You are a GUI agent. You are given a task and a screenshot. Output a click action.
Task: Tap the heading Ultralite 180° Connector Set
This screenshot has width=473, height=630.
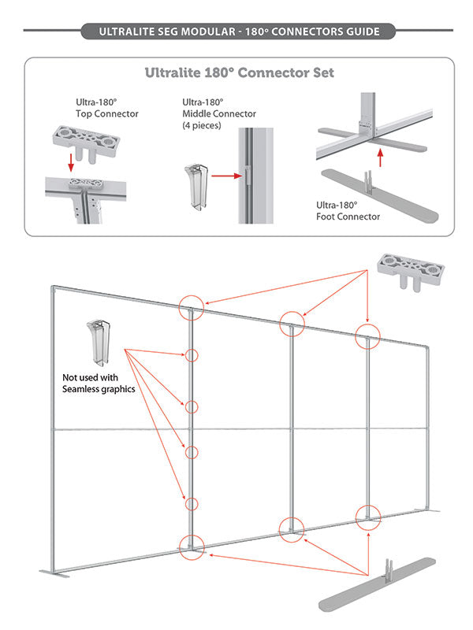239,73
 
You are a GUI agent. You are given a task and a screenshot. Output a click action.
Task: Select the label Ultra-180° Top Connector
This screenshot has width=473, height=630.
106,108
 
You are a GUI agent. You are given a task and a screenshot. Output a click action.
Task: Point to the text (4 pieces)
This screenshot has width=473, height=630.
201,125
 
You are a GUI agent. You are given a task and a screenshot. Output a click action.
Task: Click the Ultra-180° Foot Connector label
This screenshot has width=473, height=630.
348,210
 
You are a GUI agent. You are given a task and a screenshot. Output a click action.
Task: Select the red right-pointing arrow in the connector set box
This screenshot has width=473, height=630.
225,176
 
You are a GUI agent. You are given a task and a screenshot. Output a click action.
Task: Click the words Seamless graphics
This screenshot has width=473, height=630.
100,388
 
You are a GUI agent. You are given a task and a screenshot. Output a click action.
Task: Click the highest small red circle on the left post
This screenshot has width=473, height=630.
192,355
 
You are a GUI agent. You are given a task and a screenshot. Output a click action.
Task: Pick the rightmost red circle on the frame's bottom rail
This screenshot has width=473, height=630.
367,516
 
